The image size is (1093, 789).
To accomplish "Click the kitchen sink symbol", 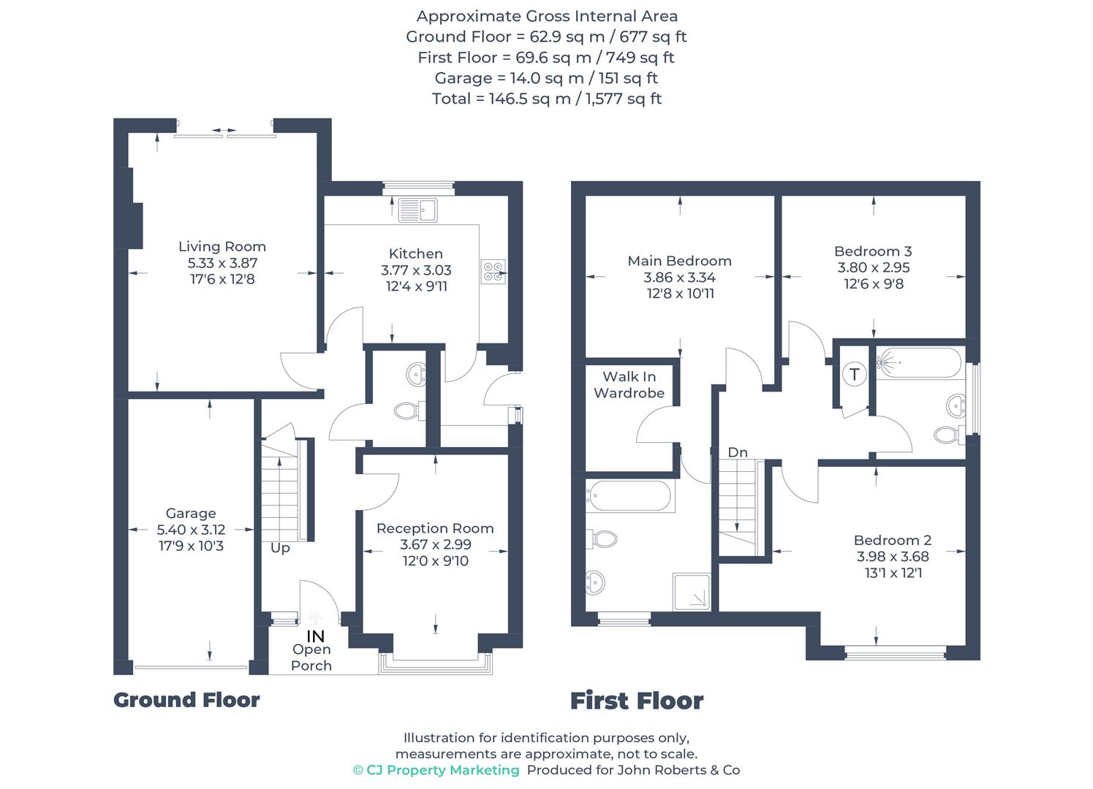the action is point(417,210).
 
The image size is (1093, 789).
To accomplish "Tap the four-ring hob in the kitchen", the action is point(493,272).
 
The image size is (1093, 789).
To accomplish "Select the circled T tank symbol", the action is point(855,375).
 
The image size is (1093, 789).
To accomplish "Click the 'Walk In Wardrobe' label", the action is point(629,385).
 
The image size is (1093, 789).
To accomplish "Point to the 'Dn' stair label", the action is point(738,452).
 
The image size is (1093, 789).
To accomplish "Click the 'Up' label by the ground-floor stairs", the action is point(280,548).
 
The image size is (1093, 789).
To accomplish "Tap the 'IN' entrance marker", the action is point(315,636).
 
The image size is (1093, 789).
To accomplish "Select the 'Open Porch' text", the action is point(311,657).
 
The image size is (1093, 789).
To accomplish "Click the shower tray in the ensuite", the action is point(692,592).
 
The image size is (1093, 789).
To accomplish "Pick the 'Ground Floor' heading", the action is point(186,700).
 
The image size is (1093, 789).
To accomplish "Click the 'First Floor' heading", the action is point(637,701).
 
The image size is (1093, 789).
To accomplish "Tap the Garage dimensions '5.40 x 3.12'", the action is point(191,530).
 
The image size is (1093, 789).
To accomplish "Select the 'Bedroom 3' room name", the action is point(873,251).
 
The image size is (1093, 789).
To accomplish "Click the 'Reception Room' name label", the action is point(435,528).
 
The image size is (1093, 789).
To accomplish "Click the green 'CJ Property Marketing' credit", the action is point(436,770).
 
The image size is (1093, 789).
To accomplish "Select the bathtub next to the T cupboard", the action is point(918,363).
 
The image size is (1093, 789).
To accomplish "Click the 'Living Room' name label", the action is point(222,246).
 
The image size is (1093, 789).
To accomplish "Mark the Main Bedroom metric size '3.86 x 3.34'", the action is point(679,278).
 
